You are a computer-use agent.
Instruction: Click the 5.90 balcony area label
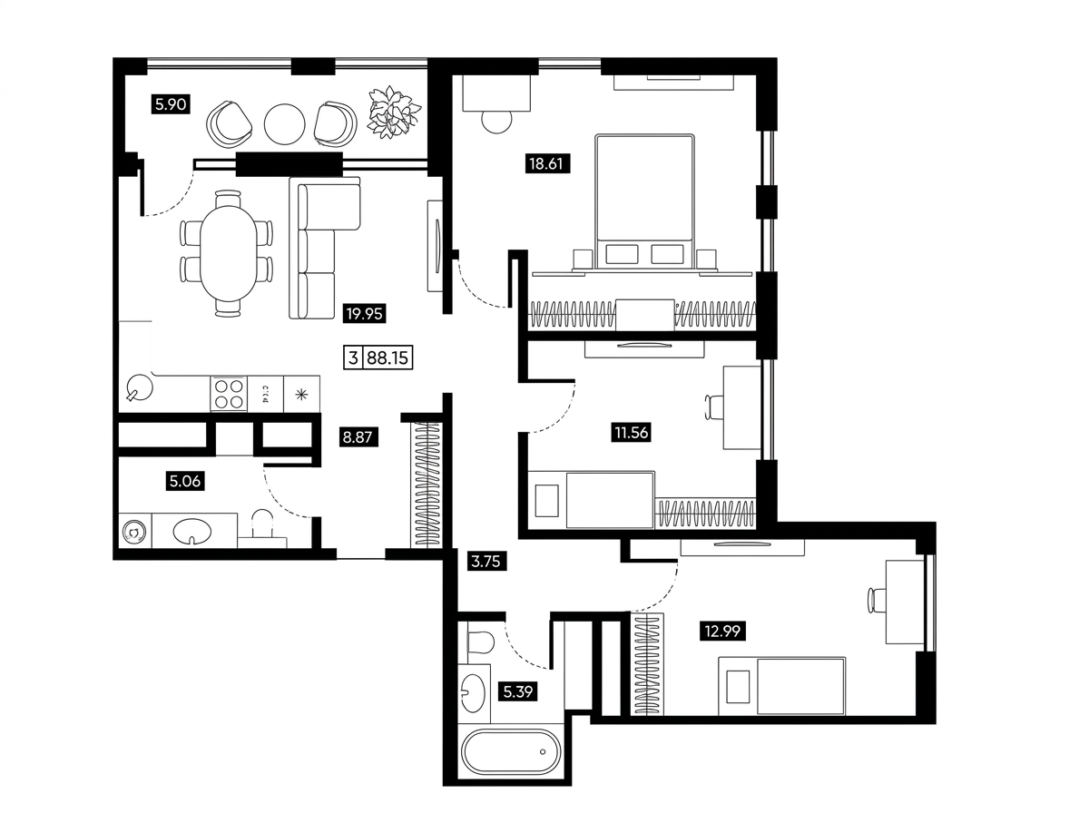pos(171,104)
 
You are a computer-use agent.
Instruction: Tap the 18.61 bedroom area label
pos(547,163)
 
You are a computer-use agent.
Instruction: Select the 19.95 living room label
pos(364,313)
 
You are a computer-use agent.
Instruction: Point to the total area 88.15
pos(388,358)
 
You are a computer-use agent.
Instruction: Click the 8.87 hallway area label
pos(358,437)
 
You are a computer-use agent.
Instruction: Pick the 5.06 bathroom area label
pos(185,481)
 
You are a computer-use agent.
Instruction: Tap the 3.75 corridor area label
pos(486,562)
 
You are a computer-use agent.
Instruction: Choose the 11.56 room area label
pos(631,433)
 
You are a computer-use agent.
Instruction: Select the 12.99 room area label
pos(722,632)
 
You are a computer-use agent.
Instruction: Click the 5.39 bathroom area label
pos(518,691)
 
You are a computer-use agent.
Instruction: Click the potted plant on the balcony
pos(394,111)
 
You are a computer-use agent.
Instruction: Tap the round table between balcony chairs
pos(284,124)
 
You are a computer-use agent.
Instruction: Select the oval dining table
pos(229,253)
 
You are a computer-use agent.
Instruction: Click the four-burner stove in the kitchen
pos(228,394)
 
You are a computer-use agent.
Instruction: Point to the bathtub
pos(511,752)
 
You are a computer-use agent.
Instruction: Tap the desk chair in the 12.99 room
pos(877,600)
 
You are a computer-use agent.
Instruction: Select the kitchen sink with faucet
pos(139,387)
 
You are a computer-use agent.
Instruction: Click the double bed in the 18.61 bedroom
pos(644,202)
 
